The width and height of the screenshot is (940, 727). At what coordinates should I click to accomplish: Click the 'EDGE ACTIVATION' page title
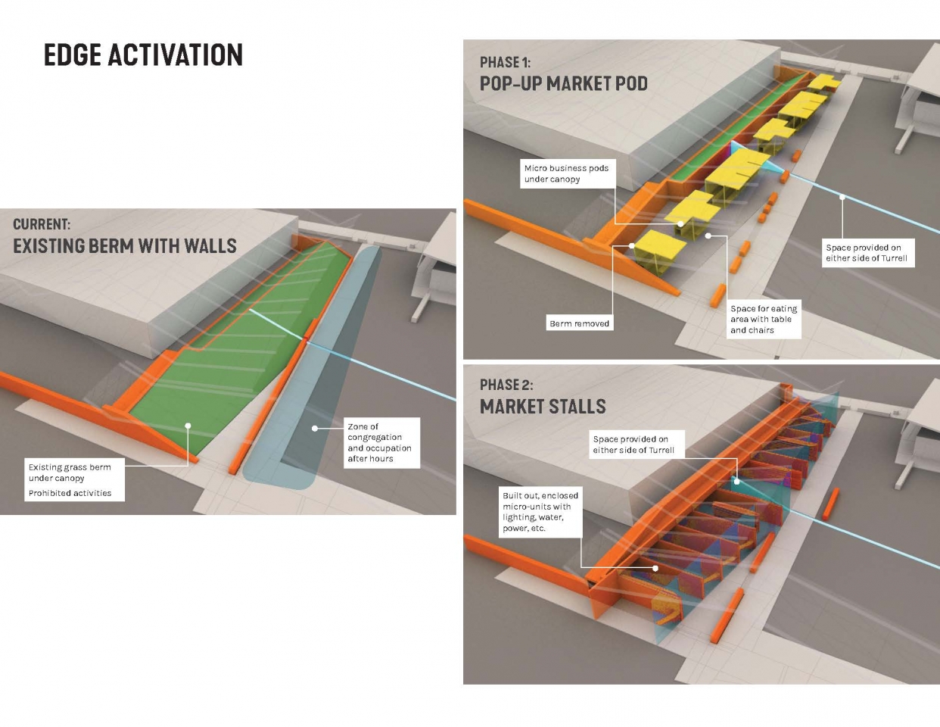coord(143,55)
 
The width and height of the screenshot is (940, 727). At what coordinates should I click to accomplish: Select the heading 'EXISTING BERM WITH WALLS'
coord(125,246)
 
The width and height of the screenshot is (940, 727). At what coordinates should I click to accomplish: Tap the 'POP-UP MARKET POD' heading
coord(564,83)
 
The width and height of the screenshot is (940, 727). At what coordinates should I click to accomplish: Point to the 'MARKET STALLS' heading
coord(543,407)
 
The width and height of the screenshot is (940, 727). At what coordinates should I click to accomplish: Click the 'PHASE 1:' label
coord(505,62)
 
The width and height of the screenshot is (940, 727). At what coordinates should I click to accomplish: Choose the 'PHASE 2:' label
coord(506,385)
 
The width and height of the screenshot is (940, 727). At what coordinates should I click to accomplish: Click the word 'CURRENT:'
coord(42,224)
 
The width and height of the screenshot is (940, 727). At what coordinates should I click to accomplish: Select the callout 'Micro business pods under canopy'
coord(567,173)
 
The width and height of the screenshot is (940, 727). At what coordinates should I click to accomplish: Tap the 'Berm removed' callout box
coord(579,323)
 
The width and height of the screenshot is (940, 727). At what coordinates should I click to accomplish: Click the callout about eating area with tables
coord(764,319)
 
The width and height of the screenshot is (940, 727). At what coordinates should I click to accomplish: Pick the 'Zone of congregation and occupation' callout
coord(380,442)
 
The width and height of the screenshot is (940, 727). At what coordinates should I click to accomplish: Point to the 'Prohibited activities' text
coord(70,493)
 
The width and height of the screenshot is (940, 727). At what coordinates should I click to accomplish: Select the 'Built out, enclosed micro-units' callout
coord(540,512)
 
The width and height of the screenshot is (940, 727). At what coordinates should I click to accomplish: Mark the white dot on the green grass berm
coord(188,426)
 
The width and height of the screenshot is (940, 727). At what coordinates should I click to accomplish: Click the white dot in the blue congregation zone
coord(315,429)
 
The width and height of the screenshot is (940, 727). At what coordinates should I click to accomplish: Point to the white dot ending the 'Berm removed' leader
coord(632,246)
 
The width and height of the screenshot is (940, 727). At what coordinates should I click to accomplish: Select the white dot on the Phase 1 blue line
coord(842,198)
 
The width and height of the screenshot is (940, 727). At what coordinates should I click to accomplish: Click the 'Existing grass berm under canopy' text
coord(70,473)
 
